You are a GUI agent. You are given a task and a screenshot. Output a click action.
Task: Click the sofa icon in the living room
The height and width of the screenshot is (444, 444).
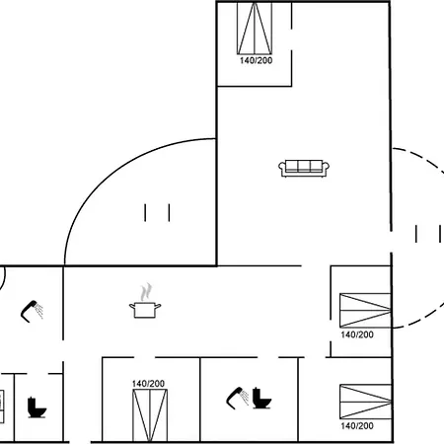(304, 169)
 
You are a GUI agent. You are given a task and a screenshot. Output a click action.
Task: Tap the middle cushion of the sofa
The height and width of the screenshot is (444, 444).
(304, 166)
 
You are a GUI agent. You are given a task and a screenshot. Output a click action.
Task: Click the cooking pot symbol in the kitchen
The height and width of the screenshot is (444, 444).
(145, 310)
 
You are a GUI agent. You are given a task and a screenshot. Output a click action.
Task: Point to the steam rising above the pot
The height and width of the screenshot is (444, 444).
(146, 292)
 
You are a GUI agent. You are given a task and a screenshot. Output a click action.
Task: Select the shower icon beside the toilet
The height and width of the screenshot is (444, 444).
(238, 398)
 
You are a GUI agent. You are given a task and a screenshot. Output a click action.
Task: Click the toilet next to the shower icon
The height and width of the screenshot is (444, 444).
(261, 399)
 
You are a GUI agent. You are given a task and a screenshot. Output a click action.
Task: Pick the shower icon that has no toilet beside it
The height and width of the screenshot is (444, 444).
(32, 311)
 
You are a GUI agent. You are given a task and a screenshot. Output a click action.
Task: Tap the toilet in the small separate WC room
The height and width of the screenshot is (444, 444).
(37, 407)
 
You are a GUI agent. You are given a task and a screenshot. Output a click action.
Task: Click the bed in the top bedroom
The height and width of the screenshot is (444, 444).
(255, 29)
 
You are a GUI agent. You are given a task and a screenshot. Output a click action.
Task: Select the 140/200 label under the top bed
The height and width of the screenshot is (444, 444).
(256, 60)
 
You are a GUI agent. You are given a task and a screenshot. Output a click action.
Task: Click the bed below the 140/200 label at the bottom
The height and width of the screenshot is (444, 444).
(150, 415)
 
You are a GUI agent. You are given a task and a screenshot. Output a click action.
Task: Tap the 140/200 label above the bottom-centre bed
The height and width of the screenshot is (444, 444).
(148, 384)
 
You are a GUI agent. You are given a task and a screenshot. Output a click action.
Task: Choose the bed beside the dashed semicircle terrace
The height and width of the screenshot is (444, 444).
(365, 310)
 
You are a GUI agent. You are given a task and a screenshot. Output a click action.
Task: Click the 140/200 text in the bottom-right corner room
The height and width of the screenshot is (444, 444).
(357, 426)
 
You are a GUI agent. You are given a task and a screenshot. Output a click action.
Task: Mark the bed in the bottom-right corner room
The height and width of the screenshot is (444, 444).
(365, 402)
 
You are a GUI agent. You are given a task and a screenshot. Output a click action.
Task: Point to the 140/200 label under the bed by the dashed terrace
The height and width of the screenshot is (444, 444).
(357, 334)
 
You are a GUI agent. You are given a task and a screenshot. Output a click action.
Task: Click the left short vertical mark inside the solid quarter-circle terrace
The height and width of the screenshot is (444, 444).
(145, 212)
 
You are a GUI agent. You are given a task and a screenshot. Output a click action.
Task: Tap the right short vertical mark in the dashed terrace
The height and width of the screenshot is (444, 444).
(440, 234)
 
